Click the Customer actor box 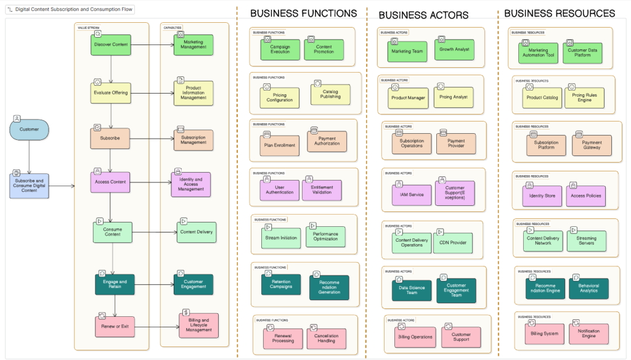pyautogui.click(x=29, y=129)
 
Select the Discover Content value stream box pyautogui.click(x=112, y=44)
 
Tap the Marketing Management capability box pyautogui.click(x=193, y=45)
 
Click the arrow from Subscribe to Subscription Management pyautogui.click(x=152, y=139)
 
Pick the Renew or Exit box pyautogui.click(x=115, y=326)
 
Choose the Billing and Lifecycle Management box pyautogui.click(x=198, y=325)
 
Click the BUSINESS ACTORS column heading pyautogui.click(x=423, y=15)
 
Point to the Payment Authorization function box pyautogui.click(x=327, y=142)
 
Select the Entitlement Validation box pyautogui.click(x=322, y=190)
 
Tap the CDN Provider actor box pyautogui.click(x=453, y=243)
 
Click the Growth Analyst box pyautogui.click(x=454, y=49)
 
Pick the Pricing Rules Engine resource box pyautogui.click(x=584, y=97)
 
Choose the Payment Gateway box pyautogui.click(x=592, y=145)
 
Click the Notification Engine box pyautogui.click(x=588, y=333)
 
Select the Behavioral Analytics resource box pyautogui.click(x=588, y=288)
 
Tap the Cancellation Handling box pyautogui.click(x=327, y=338)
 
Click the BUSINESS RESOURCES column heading pyautogui.click(x=559, y=14)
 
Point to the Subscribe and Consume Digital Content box pyautogui.click(x=29, y=186)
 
